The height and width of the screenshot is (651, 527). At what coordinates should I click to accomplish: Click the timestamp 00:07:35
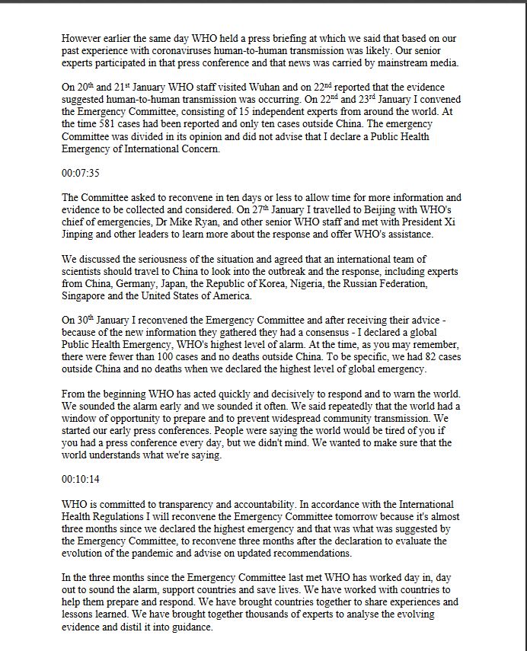click(81, 173)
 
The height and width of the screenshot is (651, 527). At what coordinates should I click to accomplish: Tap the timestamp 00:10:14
click(81, 480)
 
